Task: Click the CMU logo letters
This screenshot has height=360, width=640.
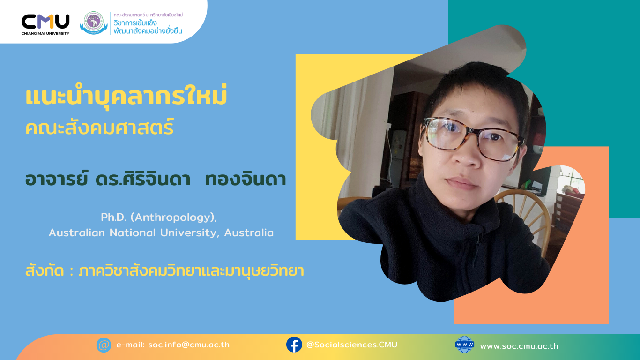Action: pos(45,21)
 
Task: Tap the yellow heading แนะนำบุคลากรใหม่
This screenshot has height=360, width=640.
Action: pos(126,97)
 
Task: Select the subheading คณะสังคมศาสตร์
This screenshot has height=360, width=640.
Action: pos(99,127)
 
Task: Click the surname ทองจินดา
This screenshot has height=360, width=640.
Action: pos(246,180)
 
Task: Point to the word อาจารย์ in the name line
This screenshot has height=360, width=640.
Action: pos(57,180)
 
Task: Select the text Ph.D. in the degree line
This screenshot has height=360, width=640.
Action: pos(112,217)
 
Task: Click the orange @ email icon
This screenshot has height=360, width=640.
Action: pos(104,345)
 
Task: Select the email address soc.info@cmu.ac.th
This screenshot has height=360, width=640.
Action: pos(189,345)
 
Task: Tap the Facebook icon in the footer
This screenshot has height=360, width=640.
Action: pos(294,345)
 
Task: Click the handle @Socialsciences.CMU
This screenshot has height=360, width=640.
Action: pos(351,345)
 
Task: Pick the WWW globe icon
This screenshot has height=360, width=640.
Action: pos(465,345)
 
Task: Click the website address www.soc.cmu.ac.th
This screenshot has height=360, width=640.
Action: pos(519,346)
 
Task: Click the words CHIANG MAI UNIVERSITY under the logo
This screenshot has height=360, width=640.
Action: pos(45,33)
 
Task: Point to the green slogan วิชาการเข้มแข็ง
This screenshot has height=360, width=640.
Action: pos(135,23)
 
